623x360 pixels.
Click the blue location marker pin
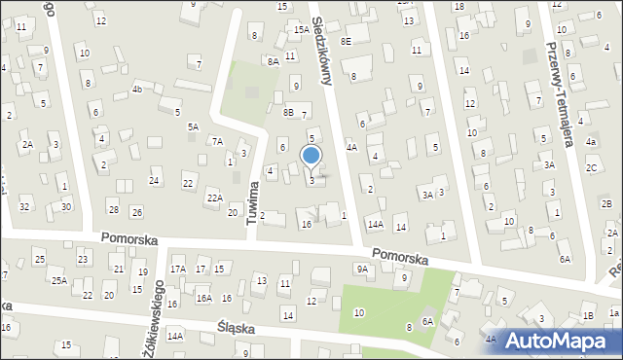click(x=311, y=156)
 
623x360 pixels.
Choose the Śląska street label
click(x=237, y=329)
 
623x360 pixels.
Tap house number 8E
click(x=346, y=42)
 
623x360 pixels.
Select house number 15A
click(x=302, y=30)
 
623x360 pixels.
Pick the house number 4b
click(x=137, y=90)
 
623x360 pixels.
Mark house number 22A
click(x=214, y=198)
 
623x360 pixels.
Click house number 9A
click(x=362, y=269)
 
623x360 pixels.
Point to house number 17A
click(x=178, y=270)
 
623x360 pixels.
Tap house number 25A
click(x=59, y=280)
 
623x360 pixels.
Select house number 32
click(x=25, y=206)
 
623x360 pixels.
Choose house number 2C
click(x=591, y=167)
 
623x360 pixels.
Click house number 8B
click(x=288, y=112)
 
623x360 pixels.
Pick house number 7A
click(x=217, y=141)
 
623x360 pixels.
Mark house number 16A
click(x=203, y=299)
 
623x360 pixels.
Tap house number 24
click(x=154, y=181)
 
